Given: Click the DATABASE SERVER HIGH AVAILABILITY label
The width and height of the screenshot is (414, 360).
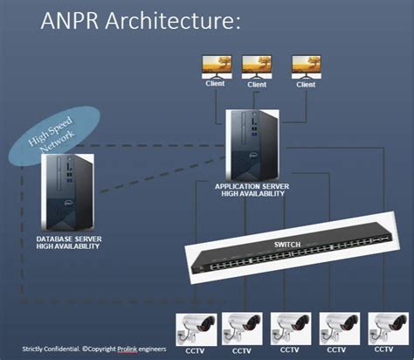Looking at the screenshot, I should [x=68, y=242].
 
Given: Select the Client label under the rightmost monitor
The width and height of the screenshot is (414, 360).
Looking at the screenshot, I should [x=306, y=85].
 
